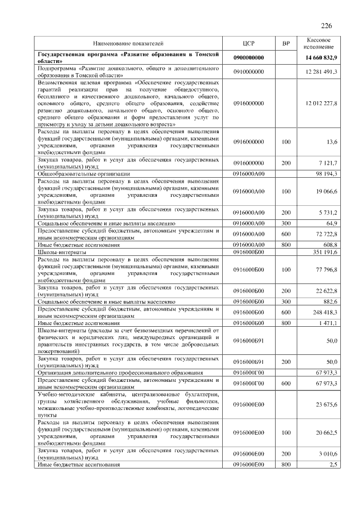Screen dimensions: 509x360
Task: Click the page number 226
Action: (x=326, y=26)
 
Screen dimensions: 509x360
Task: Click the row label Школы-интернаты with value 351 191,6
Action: (x=60, y=252)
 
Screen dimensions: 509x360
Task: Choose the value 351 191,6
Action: (x=324, y=252)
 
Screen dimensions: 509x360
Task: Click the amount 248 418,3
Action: (x=324, y=312)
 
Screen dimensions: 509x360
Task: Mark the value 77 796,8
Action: (x=326, y=270)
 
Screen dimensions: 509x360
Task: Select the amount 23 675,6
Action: (x=326, y=404)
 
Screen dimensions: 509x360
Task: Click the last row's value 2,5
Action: (x=333, y=464)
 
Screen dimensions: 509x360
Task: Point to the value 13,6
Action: (x=331, y=143)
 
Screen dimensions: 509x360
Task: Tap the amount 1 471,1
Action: (x=327, y=323)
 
